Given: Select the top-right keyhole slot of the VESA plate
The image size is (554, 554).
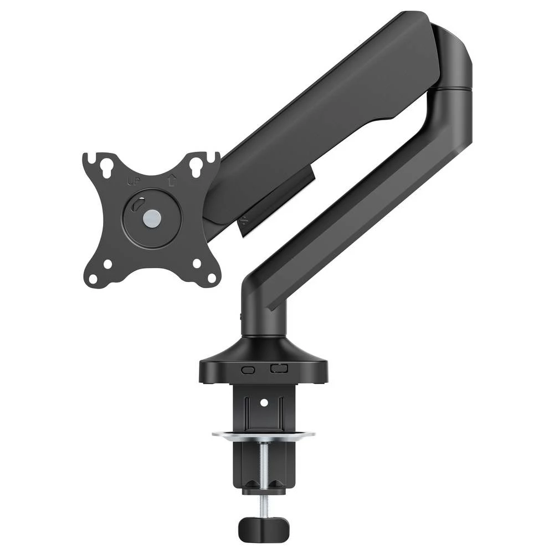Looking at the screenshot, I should [196, 166].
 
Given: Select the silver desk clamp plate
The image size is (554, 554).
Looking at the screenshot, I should [263, 434].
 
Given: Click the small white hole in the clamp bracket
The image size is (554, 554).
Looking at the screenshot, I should [264, 401].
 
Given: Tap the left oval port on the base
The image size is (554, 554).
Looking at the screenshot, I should [249, 370].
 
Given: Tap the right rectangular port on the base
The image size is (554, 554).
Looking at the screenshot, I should [279, 368].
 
